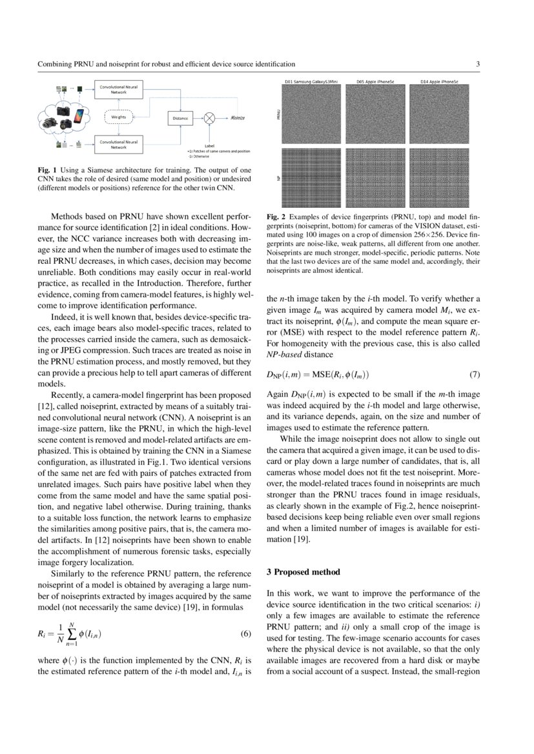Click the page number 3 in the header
coord(477,64)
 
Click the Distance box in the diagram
coord(180,118)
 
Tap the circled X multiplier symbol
coord(209,118)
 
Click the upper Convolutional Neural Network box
coord(119,89)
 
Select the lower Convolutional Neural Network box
coord(119,144)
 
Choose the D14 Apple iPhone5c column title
coord(439,83)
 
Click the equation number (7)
coord(474,375)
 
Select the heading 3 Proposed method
coord(302,572)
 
